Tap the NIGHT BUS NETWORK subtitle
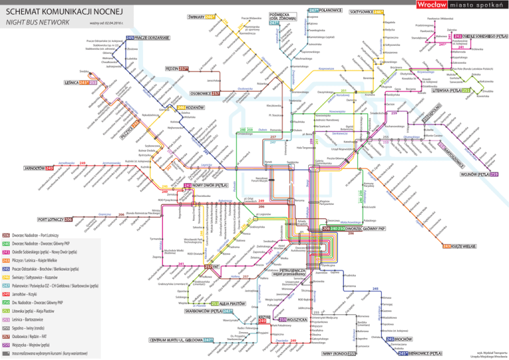tap(38, 25)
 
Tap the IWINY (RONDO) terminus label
tap(339, 353)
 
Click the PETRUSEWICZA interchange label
tap(288, 272)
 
